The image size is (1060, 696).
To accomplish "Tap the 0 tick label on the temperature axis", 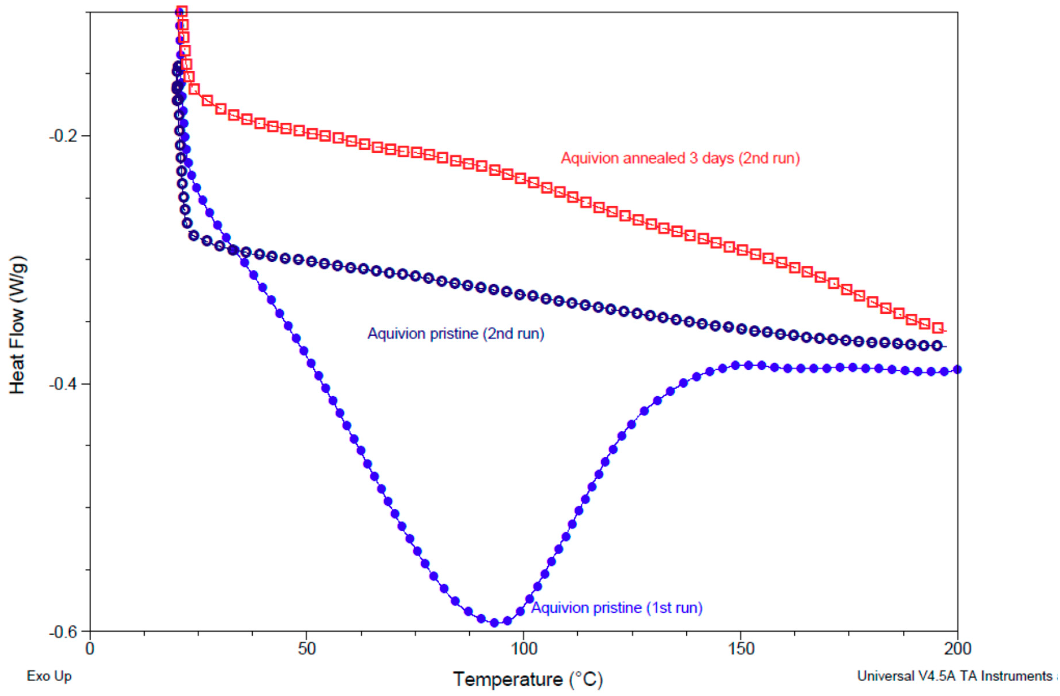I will pyautogui.click(x=90, y=649).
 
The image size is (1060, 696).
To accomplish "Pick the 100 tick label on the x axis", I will pyautogui.click(x=523, y=649).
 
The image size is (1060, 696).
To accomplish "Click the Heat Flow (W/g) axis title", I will pyautogui.click(x=18, y=325).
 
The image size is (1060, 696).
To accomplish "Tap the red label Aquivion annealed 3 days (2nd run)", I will pyautogui.click(x=680, y=158).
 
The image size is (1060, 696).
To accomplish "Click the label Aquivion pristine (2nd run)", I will pyautogui.click(x=456, y=334).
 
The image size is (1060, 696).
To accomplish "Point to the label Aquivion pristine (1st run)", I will pyautogui.click(x=617, y=607).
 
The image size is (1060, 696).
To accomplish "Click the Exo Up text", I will pyautogui.click(x=49, y=676).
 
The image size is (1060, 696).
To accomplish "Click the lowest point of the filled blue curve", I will pyautogui.click(x=494, y=622).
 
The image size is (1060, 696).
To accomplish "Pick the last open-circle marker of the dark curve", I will pyautogui.click(x=937, y=346).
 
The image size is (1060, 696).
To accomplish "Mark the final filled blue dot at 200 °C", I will pyautogui.click(x=957, y=369).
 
